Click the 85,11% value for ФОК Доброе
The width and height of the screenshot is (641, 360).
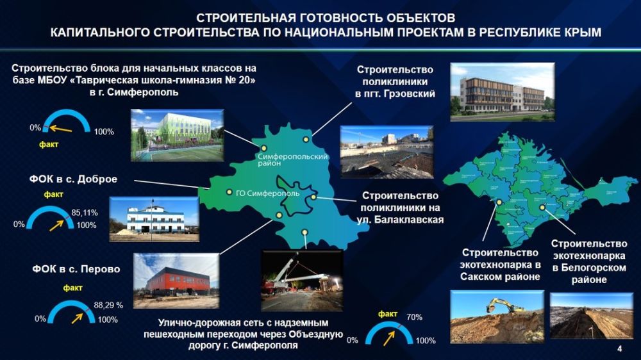point(85,213)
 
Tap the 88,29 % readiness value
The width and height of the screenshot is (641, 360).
point(108,305)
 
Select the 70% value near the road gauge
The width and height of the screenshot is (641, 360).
point(414,317)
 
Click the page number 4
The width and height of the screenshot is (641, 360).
point(620,348)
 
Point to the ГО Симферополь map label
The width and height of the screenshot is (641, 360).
point(268,193)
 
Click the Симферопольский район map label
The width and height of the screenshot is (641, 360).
point(292,160)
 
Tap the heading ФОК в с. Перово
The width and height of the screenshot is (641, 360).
point(76,269)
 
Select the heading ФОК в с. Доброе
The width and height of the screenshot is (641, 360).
point(73,179)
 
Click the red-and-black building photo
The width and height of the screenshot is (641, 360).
point(176,281)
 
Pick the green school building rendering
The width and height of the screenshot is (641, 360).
point(177,135)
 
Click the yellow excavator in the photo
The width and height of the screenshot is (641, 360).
point(504,305)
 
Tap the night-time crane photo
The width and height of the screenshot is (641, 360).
point(302,281)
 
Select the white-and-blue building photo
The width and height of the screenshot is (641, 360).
point(154,219)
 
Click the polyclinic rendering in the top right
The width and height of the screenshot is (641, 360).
point(503,92)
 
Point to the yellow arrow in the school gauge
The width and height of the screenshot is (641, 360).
point(60,129)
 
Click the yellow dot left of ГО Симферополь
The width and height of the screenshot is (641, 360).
point(229,192)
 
